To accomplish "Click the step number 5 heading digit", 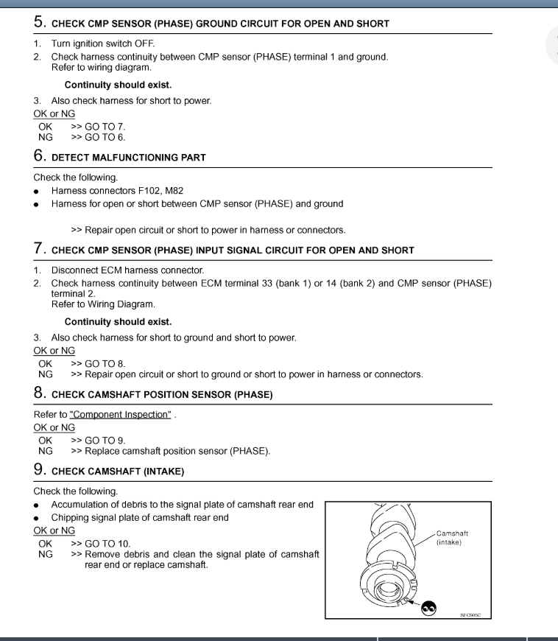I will pos(40,22).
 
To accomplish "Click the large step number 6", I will pos(40,156).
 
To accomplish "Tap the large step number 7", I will pos(40,249).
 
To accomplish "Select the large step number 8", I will pos(40,393).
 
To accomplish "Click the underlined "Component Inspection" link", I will pos(120,415).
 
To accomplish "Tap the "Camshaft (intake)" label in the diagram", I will pos(453,538).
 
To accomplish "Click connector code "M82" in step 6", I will pos(174,191).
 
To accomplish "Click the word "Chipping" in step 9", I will pos(71,518).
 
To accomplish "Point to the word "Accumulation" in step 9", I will pos(81,505).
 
